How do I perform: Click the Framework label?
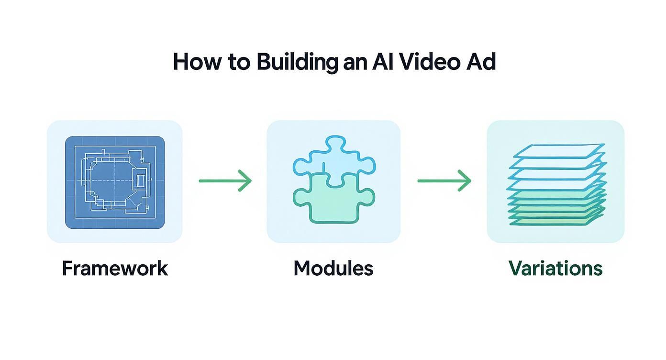(115, 269)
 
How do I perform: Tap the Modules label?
(333, 269)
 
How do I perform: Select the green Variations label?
(555, 269)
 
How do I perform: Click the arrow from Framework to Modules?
(225, 181)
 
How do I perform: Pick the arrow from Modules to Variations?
(444, 181)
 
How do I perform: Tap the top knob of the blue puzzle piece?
(333, 143)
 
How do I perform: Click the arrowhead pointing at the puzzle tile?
(246, 181)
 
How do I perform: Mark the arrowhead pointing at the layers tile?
(466, 181)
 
